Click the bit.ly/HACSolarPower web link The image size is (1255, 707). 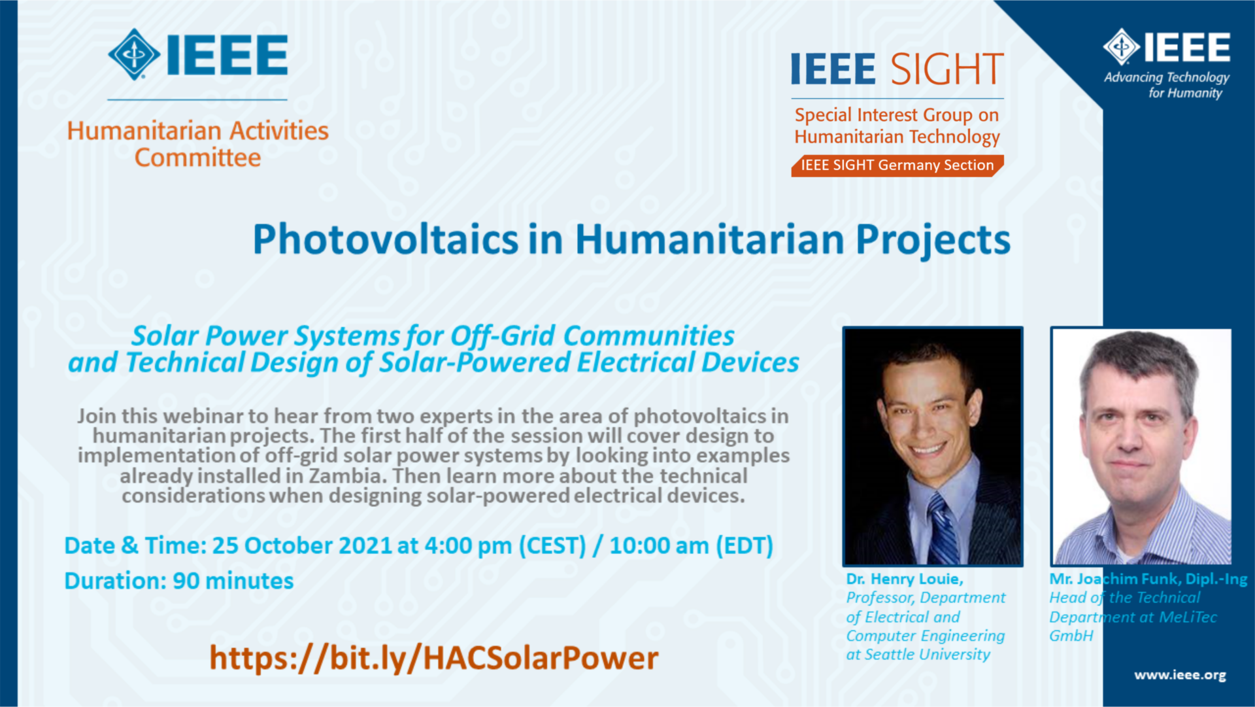click(433, 658)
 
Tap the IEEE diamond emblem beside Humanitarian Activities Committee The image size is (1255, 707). click(134, 54)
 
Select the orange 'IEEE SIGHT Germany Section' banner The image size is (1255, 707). click(897, 165)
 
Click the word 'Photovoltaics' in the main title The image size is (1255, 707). click(386, 239)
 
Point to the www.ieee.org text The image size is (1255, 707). click(1180, 675)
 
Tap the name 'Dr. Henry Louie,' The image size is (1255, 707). click(905, 579)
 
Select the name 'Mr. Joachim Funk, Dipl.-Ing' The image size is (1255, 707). click(1148, 579)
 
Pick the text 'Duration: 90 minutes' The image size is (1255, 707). click(179, 581)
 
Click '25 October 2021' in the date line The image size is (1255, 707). click(301, 545)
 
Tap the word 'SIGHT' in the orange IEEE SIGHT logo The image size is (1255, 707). click(946, 69)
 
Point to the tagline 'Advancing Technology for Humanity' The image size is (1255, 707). click(1167, 85)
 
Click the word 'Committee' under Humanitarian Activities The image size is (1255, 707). click(197, 158)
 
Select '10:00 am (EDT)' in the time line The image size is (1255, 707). click(692, 545)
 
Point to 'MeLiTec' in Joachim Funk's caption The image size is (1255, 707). click(1188, 617)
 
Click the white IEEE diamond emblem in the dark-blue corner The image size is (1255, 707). click(1122, 46)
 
